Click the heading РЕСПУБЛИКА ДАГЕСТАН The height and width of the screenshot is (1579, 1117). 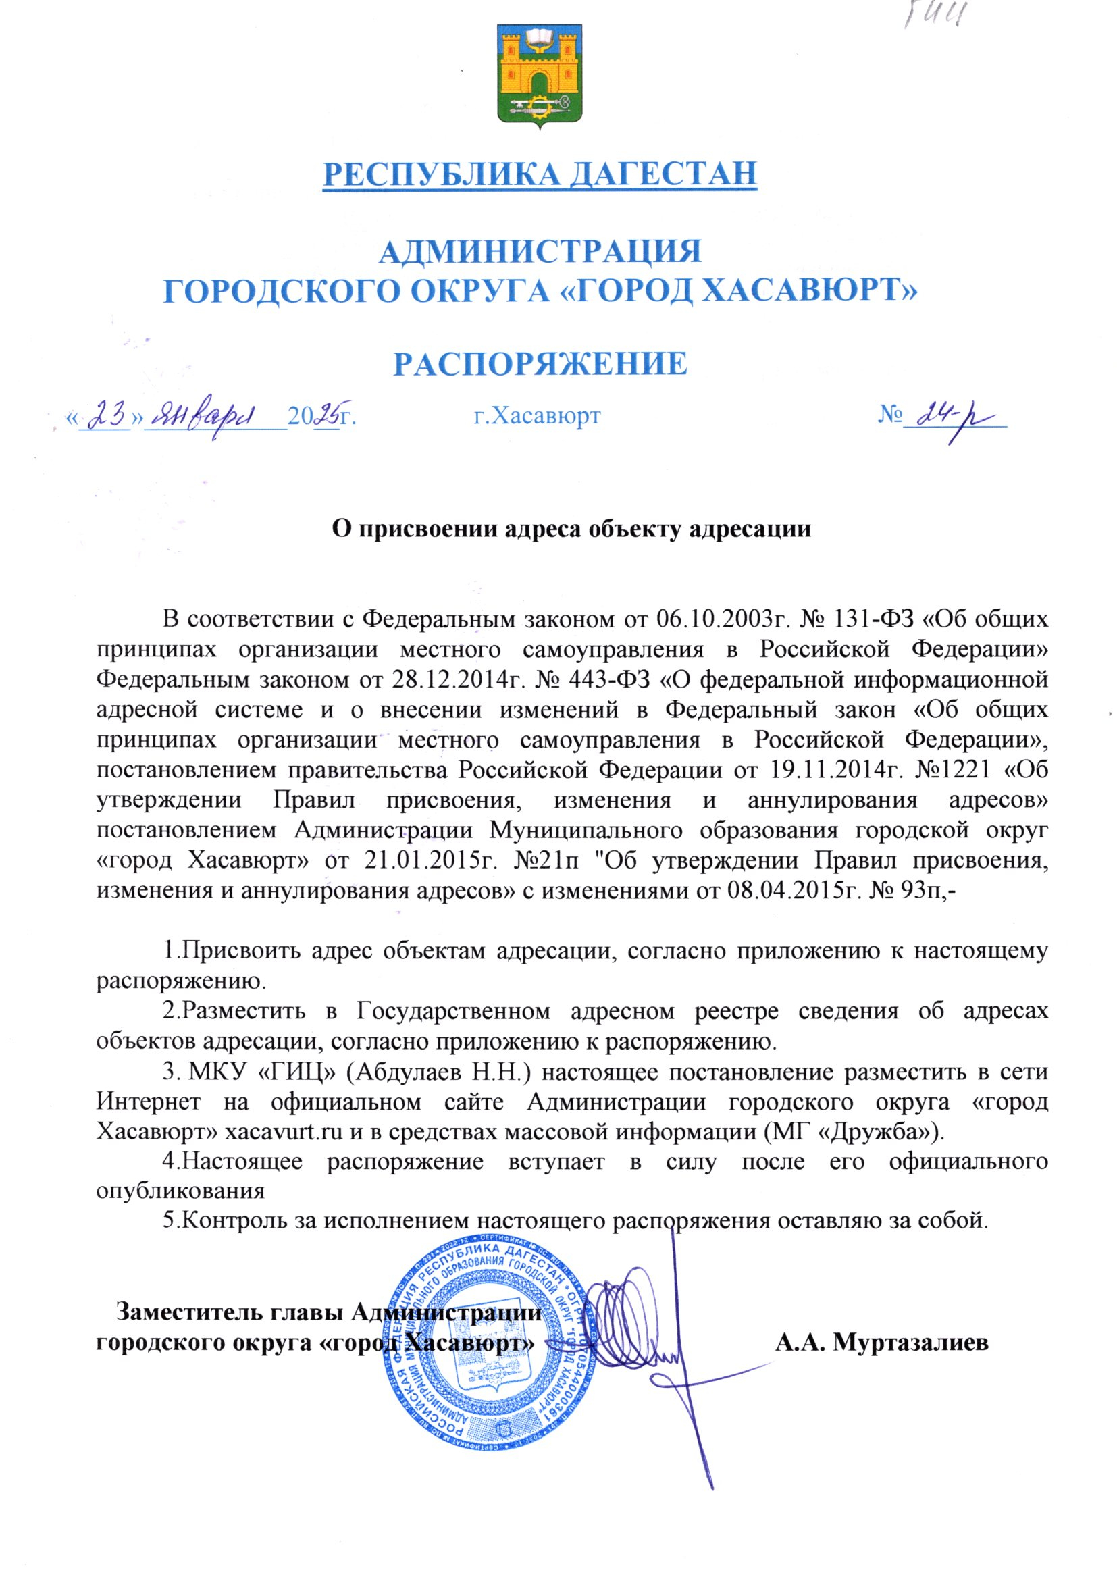click(540, 174)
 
